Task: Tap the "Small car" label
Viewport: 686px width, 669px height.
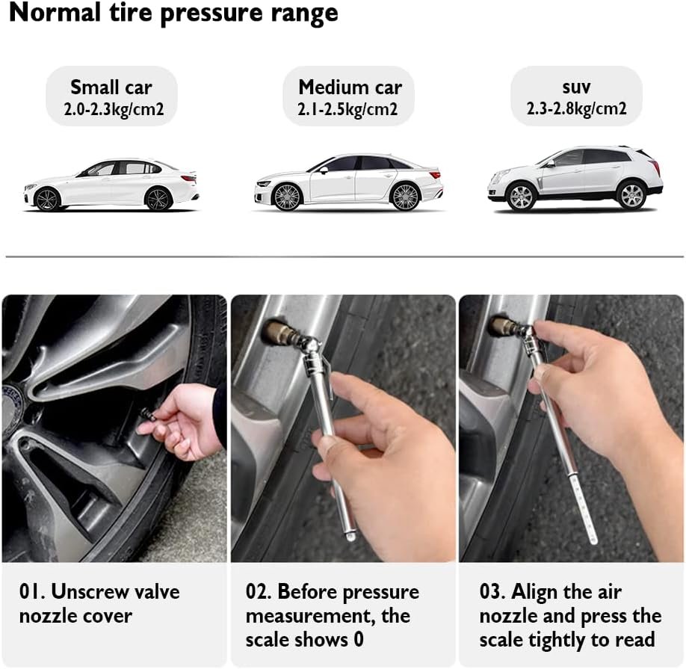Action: [111, 87]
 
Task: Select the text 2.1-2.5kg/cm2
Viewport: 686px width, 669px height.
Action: [347, 109]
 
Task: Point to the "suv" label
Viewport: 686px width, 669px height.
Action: [576, 87]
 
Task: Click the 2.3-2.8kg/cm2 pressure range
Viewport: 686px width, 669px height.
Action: [576, 108]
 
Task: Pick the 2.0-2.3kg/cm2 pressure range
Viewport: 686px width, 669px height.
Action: [114, 109]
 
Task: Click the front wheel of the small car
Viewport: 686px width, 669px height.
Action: [47, 200]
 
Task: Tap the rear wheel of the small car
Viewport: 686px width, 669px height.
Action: [158, 199]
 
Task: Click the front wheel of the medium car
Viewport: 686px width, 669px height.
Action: [286, 197]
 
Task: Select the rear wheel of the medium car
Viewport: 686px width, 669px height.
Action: [405, 197]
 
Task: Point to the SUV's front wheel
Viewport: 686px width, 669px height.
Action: [521, 197]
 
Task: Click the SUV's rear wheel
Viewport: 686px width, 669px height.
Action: [631, 195]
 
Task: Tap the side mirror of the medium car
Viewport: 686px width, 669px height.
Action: [324, 170]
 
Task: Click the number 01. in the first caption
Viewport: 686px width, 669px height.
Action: [32, 591]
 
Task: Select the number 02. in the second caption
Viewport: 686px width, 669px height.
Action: [259, 591]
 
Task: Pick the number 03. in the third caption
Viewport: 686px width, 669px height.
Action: [492, 591]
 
